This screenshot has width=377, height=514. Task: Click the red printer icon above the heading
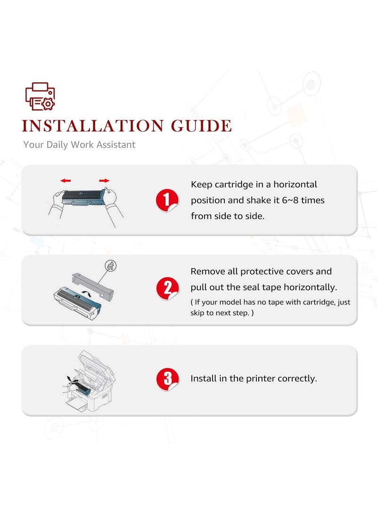[40, 97]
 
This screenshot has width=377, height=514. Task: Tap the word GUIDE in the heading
[201, 126]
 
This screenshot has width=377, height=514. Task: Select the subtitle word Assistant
[116, 145]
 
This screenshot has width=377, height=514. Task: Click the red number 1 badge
[167, 200]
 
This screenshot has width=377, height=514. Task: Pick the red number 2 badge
[167, 289]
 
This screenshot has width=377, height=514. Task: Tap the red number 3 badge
[167, 379]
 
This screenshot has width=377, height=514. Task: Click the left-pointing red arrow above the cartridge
[66, 180]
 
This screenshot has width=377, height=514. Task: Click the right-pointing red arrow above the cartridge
[104, 180]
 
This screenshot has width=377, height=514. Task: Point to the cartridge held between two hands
[84, 198]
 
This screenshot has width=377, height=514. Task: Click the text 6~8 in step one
[290, 200]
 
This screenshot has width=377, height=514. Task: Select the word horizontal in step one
[295, 184]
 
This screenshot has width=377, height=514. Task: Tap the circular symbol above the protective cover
[111, 265]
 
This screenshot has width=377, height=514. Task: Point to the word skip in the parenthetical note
[197, 313]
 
